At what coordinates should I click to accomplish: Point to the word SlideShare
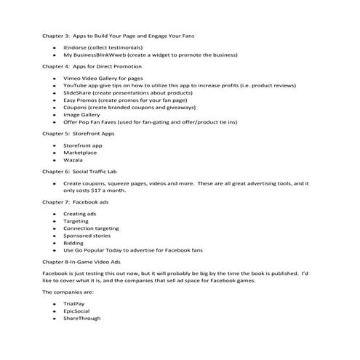click(x=77, y=95)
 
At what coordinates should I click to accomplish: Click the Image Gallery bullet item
click(x=83, y=123)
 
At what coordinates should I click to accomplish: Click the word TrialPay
click(x=75, y=301)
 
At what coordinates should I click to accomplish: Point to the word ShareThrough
click(x=81, y=318)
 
